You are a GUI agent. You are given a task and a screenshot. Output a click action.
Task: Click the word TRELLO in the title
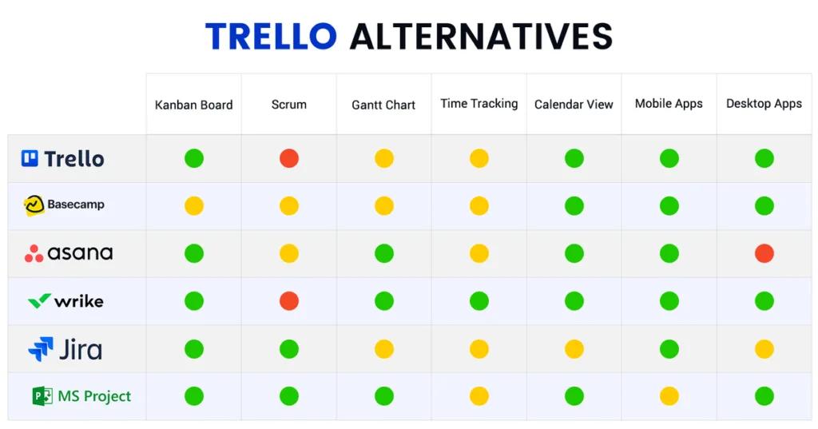pos(272,36)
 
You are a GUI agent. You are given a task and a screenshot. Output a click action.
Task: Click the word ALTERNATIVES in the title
pos(481,36)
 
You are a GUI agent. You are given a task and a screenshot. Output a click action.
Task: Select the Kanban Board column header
pos(193,105)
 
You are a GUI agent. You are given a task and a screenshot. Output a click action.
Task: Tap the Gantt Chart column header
pos(383,105)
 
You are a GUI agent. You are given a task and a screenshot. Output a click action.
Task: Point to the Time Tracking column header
pos(479,104)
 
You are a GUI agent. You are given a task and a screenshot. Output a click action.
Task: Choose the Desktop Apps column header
pos(764,104)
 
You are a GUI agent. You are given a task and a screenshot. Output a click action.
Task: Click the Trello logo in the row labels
pos(62,159)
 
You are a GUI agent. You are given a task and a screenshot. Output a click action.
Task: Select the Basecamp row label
pos(64,205)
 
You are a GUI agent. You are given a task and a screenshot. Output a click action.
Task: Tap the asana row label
pos(69,253)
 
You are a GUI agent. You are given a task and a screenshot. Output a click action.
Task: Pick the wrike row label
pos(66,301)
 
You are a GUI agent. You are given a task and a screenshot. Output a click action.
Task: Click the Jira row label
pos(65,349)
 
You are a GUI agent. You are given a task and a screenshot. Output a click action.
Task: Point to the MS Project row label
pos(81,396)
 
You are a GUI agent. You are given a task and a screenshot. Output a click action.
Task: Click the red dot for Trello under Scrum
pos(289,158)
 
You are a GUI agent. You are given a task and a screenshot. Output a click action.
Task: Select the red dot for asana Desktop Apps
pos(764,253)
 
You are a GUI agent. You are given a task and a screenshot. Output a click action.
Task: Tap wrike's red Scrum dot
pos(289,301)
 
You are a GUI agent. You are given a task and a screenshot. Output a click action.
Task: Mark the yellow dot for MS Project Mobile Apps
pos(669,396)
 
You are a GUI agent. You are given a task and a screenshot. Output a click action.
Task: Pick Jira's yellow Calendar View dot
pos(574,349)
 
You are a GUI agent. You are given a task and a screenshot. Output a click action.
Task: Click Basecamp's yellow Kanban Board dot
pos(194,205)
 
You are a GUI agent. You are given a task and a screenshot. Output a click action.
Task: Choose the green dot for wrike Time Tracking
pos(479,301)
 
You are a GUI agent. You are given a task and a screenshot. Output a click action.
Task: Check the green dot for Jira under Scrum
pos(289,349)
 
